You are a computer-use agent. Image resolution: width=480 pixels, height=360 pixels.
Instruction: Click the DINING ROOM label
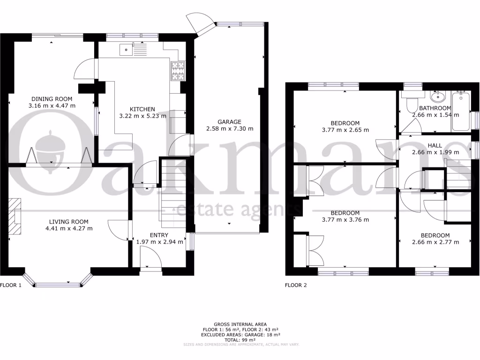(52, 98)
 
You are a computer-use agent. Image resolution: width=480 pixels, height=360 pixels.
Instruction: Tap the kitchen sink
(127, 49)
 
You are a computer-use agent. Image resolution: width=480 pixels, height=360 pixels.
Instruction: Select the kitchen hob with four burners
(178, 72)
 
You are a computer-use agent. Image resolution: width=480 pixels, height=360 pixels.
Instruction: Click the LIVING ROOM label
(69, 222)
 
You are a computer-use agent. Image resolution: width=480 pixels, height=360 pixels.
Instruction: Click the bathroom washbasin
(438, 97)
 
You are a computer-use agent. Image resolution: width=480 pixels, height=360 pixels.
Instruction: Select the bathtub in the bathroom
(460, 112)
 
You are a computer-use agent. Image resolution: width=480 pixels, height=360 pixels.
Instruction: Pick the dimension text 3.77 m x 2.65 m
(345, 130)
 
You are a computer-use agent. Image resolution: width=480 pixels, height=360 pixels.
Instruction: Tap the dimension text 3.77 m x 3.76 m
(345, 219)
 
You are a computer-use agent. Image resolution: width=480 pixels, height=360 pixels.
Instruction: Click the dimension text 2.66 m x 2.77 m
(435, 242)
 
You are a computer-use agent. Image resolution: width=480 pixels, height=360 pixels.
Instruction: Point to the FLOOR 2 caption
(296, 285)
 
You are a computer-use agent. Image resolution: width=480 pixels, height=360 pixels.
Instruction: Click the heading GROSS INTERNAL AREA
(240, 324)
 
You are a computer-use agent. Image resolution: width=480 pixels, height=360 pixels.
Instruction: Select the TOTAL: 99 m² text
(240, 340)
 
